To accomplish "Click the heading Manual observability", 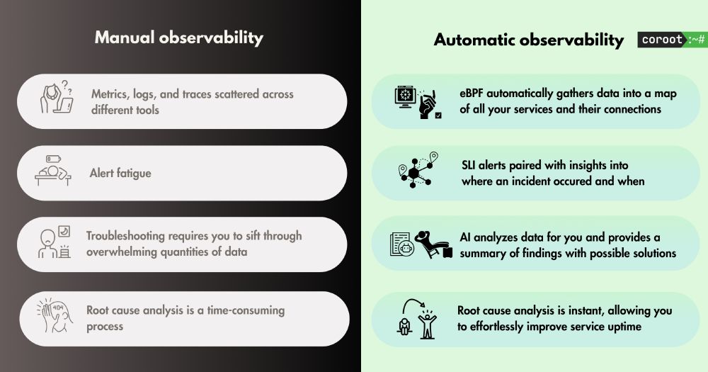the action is click(179, 38).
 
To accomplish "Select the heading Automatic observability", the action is click(529, 40).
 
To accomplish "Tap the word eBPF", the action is click(472, 93).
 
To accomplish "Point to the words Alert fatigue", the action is click(120, 173).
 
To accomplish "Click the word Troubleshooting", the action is click(125, 237).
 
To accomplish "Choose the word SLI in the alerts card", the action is click(468, 165).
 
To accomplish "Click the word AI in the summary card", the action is click(465, 237).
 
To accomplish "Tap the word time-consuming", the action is click(246, 310).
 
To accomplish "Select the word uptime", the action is click(624, 327).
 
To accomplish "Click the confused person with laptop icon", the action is click(57, 97).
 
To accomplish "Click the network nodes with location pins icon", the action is click(418, 170).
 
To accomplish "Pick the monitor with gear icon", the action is click(405, 97).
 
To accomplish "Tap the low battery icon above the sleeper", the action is click(53, 159).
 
